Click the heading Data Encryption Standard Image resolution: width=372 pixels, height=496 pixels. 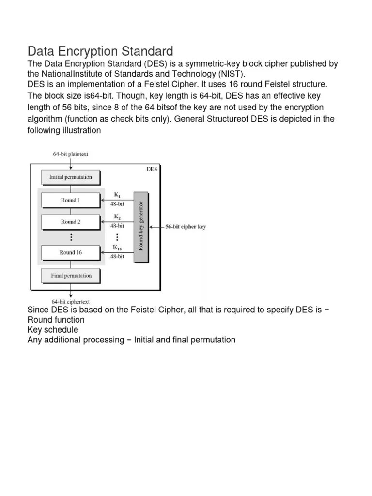tap(100, 51)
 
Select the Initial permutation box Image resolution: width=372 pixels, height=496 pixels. tap(71, 177)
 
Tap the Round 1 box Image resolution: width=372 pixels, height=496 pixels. tap(71, 200)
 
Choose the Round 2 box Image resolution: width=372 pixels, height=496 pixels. tap(71, 222)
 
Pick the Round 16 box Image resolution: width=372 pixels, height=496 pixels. tap(71, 252)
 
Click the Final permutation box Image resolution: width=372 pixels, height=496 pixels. tap(71, 276)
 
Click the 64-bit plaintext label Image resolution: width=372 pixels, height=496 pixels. tap(71, 154)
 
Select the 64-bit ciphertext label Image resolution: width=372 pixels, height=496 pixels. tap(71, 301)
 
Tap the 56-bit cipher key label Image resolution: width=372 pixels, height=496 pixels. tap(186, 227)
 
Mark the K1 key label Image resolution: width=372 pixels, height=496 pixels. tap(117, 195)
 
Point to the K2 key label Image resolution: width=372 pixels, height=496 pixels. tap(117, 217)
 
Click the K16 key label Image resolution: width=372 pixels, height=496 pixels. tap(117, 248)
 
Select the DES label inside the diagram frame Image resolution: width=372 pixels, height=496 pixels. tap(151, 169)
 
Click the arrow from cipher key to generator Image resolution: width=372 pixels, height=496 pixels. tap(158, 227)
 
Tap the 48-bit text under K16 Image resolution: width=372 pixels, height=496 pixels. tap(117, 257)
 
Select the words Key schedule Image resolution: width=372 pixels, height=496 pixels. tap(53, 330)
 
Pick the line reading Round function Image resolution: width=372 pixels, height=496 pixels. tap(56, 320)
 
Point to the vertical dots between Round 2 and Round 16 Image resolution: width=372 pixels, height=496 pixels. tap(71, 237)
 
